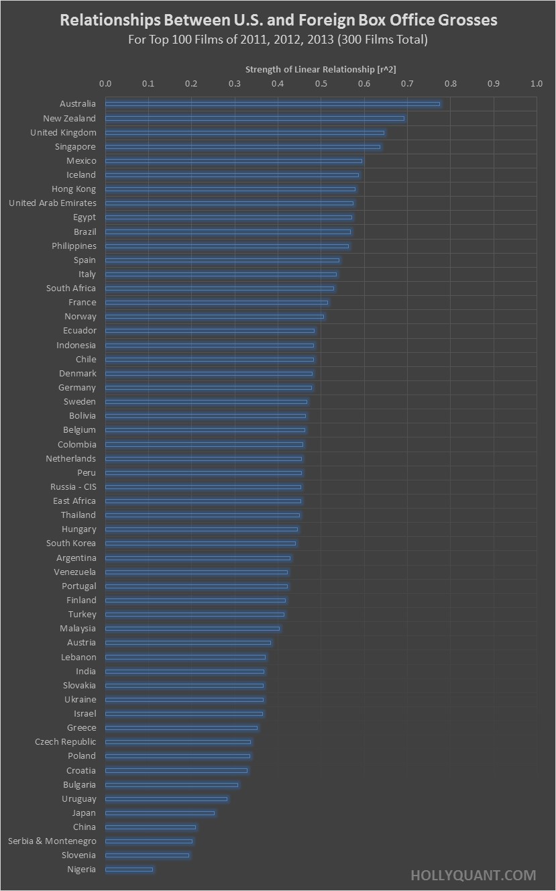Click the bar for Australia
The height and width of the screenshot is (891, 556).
pyautogui.click(x=272, y=104)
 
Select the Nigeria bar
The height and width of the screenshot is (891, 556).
pyautogui.click(x=129, y=870)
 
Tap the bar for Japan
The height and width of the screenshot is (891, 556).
pyautogui.click(x=160, y=813)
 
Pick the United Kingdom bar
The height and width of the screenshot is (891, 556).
pyautogui.click(x=244, y=133)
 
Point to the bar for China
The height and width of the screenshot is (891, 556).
pyautogui.click(x=150, y=827)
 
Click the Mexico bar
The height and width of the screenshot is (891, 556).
pyautogui.click(x=233, y=161)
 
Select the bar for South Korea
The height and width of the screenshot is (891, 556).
pyautogui.click(x=200, y=543)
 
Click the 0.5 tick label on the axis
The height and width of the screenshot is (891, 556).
pyautogui.click(x=321, y=84)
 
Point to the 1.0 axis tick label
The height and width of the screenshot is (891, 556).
pyautogui.click(x=536, y=84)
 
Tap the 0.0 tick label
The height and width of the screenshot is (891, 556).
pyautogui.click(x=105, y=84)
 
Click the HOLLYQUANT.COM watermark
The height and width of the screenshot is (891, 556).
pyautogui.click(x=473, y=875)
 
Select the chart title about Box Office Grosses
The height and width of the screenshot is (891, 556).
pyautogui.click(x=278, y=20)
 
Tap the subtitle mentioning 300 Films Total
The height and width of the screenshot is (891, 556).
pyautogui.click(x=278, y=40)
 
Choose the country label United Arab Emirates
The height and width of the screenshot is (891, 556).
pyautogui.click(x=52, y=203)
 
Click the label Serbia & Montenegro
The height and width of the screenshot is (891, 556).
pyautogui.click(x=52, y=841)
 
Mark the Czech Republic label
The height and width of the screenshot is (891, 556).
pyautogui.click(x=66, y=742)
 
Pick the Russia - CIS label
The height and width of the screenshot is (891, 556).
pyautogui.click(x=73, y=487)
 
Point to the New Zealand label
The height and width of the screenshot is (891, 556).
pyautogui.click(x=70, y=119)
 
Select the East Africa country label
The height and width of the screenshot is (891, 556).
pyautogui.click(x=74, y=501)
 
